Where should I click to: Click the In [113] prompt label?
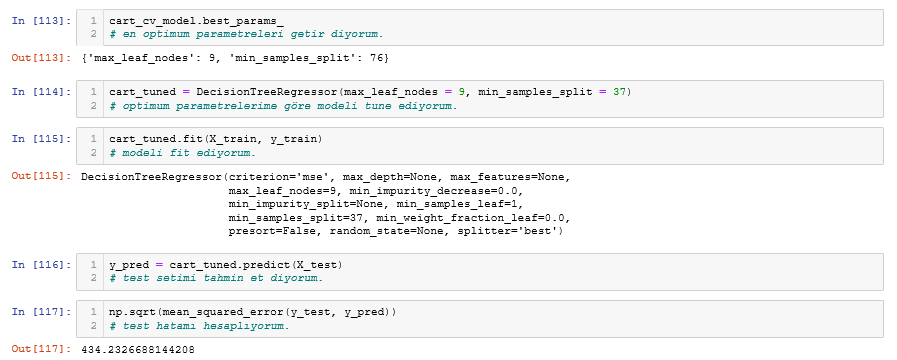(x=38, y=21)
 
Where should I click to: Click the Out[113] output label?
(x=38, y=59)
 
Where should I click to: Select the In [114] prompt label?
(x=38, y=92)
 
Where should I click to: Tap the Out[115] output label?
(x=38, y=177)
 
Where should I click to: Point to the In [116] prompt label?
(x=38, y=264)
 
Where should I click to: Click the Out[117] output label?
(x=38, y=349)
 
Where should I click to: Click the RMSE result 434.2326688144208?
(x=138, y=349)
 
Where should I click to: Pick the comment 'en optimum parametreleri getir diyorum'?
(x=246, y=34)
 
